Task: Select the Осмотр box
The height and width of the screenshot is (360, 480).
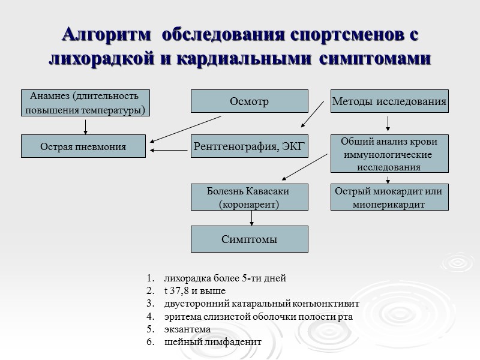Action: point(249,101)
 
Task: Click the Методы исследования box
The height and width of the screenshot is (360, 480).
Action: point(389,101)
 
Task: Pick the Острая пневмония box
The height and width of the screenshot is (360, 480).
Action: point(83,146)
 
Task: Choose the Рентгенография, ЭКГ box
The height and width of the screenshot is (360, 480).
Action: point(249,146)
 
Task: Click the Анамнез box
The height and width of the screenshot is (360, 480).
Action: point(85,103)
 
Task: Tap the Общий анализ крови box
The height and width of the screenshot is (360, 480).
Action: point(389,154)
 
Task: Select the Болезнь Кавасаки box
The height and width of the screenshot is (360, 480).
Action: point(249,197)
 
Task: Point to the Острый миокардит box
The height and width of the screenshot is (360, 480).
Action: point(389,197)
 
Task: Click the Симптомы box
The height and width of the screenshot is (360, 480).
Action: point(249,239)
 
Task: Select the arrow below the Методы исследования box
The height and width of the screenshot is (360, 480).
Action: point(388,124)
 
